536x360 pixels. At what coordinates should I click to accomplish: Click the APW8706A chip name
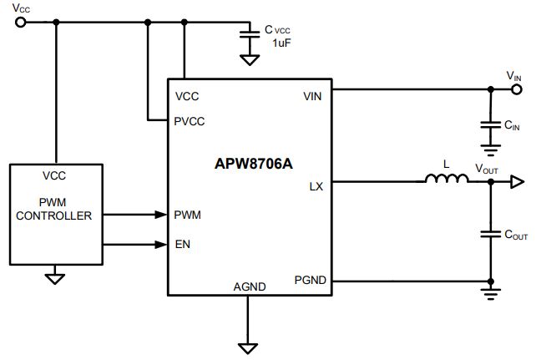click(x=254, y=164)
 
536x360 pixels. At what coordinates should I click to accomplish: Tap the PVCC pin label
click(x=190, y=121)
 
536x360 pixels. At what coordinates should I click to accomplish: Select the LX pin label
click(x=316, y=186)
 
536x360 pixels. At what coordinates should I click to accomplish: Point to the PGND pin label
click(x=311, y=280)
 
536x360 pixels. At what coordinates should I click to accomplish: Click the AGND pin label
click(x=250, y=286)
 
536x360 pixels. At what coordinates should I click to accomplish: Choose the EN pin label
click(x=183, y=245)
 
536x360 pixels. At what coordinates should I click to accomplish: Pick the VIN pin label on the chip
click(x=312, y=96)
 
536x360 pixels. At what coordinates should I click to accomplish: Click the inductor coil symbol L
click(x=447, y=178)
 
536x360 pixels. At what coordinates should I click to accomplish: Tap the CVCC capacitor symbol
click(x=250, y=34)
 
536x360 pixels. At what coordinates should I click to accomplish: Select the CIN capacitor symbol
click(x=491, y=124)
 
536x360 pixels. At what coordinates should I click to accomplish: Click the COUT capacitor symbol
click(x=491, y=234)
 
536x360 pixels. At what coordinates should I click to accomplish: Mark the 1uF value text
click(x=281, y=43)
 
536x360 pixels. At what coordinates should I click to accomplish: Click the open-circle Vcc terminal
click(x=21, y=23)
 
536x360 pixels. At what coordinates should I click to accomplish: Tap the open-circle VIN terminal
click(x=517, y=89)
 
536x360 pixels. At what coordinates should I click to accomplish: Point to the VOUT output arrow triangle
click(x=517, y=181)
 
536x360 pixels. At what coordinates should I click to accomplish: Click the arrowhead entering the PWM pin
click(x=160, y=215)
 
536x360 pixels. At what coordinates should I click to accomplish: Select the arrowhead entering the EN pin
click(x=160, y=245)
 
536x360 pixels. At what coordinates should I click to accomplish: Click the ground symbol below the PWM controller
click(x=55, y=279)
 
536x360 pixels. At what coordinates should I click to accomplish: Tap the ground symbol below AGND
click(x=248, y=348)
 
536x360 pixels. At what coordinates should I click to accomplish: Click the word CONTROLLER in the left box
click(x=54, y=216)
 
